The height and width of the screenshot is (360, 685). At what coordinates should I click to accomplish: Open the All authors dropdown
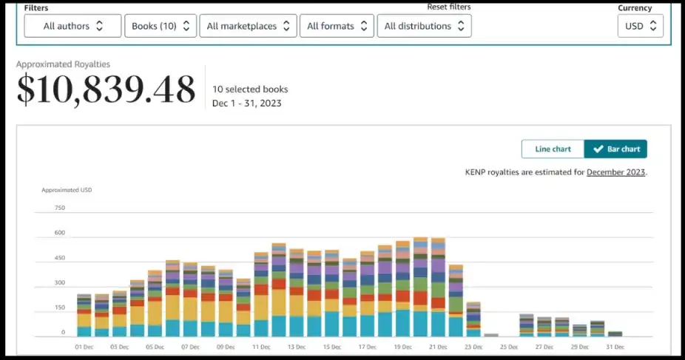pos(72,26)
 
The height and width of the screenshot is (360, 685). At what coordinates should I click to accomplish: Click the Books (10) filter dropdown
pos(161,26)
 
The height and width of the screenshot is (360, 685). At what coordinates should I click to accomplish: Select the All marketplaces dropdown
pos(248,26)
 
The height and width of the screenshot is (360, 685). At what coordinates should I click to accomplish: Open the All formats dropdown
pos(337,26)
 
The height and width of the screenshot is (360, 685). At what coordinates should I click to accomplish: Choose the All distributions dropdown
pos(424,26)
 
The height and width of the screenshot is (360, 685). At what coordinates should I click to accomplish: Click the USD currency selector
pos(640,26)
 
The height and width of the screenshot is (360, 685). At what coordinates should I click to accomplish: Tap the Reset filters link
pos(448,7)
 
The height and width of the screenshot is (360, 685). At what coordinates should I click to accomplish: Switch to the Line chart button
pos(553,149)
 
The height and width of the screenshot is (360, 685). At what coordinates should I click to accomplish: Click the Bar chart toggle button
pos(615,149)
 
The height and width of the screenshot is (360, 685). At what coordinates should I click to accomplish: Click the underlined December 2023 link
pos(615,172)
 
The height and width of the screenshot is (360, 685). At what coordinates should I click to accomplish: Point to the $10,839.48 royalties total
pos(106,89)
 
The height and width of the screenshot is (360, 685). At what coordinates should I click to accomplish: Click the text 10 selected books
pos(250,89)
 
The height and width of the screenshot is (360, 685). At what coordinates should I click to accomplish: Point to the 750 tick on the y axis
pos(60,208)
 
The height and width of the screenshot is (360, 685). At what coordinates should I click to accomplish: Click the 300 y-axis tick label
pos(60,282)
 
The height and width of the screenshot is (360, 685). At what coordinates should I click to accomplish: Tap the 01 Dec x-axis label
pos(84,346)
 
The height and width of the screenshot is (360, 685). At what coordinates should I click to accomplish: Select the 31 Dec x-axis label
pos(615,346)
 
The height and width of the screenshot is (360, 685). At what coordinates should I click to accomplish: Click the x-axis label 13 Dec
pos(296,346)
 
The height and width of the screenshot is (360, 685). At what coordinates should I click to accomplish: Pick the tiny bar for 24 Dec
pos(491,335)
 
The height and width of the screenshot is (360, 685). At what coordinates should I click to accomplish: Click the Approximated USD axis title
pos(67,190)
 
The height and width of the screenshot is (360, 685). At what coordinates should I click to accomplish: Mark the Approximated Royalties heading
pos(63,64)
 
